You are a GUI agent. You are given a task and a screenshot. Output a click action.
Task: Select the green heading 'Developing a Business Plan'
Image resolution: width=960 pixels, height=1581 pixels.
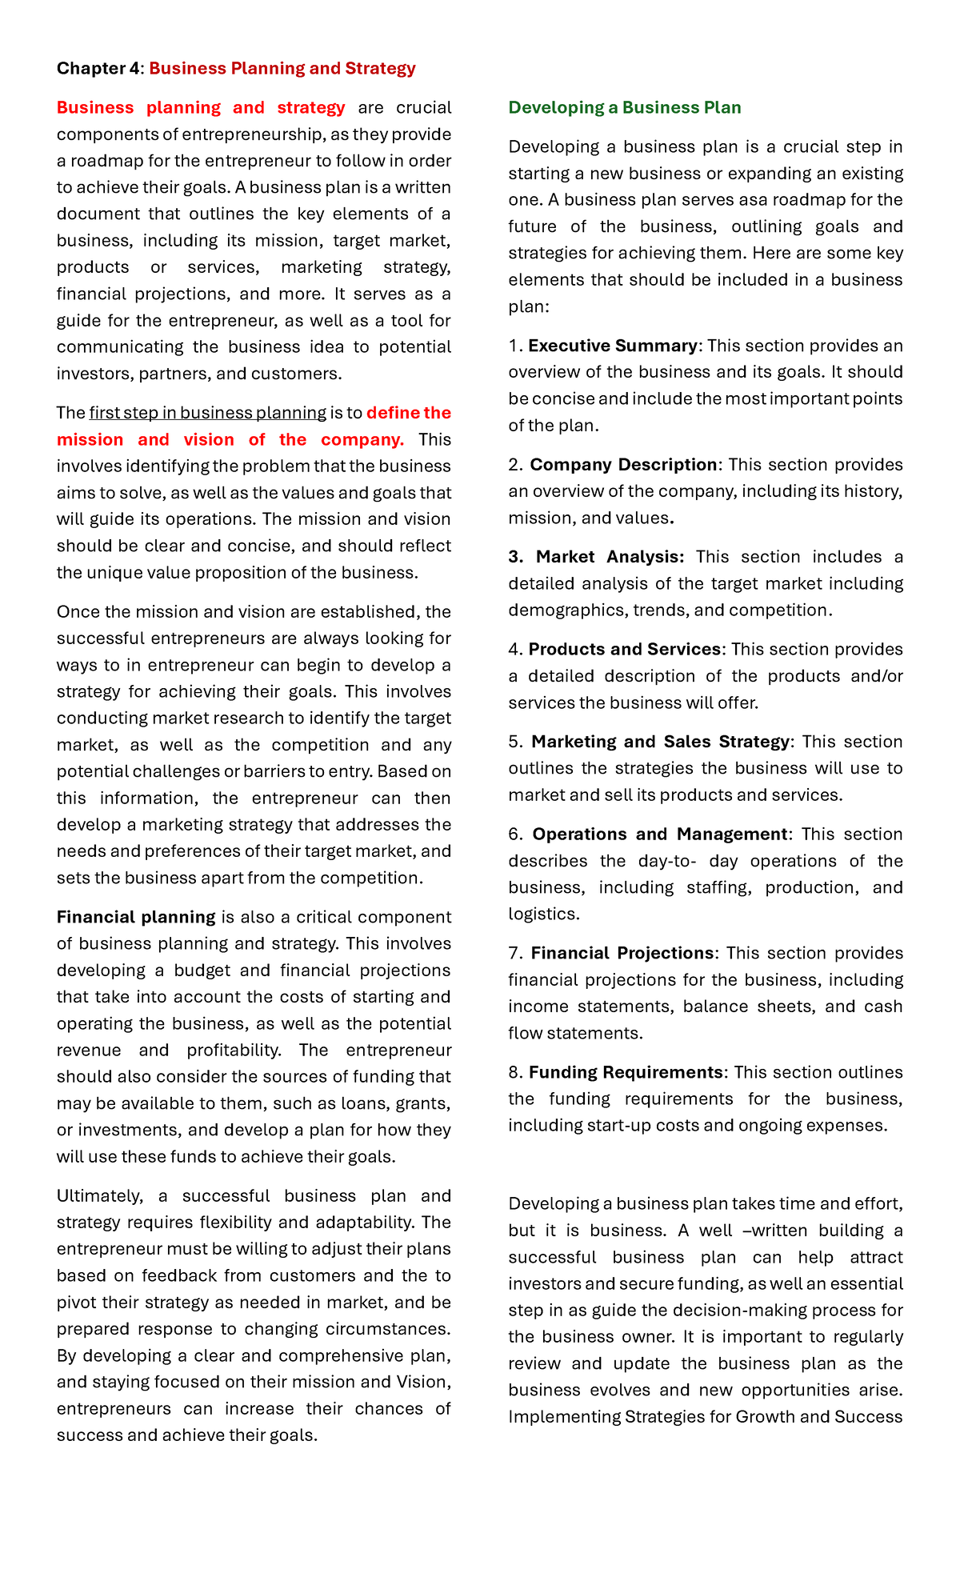click(x=624, y=107)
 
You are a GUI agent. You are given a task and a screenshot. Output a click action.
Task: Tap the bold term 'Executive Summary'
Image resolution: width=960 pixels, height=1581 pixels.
click(x=612, y=346)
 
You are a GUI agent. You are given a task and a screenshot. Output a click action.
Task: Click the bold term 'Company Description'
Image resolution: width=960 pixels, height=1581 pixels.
click(x=623, y=465)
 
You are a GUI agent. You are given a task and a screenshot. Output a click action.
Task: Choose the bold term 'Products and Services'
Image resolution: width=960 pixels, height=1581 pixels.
click(x=624, y=649)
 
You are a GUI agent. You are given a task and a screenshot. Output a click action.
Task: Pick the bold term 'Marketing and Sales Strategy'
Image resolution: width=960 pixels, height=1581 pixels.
click(x=660, y=742)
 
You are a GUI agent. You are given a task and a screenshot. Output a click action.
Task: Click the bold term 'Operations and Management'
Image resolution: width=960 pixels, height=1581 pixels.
click(x=659, y=834)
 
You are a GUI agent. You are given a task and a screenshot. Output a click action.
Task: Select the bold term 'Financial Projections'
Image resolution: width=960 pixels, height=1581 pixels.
click(x=622, y=953)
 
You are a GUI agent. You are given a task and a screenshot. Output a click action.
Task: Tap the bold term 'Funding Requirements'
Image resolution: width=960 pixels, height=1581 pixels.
click(x=625, y=1072)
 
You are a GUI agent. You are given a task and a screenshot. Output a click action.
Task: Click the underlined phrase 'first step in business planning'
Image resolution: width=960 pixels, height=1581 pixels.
click(x=207, y=413)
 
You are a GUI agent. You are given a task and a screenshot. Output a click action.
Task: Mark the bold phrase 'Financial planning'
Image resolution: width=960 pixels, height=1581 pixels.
click(x=136, y=917)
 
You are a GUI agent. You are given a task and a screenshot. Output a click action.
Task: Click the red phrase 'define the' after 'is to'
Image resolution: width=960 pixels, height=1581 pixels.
click(x=409, y=413)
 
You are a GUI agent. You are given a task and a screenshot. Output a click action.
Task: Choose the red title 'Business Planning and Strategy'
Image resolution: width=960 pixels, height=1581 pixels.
click(x=282, y=68)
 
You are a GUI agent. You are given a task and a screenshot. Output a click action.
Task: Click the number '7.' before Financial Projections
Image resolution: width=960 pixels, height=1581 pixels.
click(x=515, y=953)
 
